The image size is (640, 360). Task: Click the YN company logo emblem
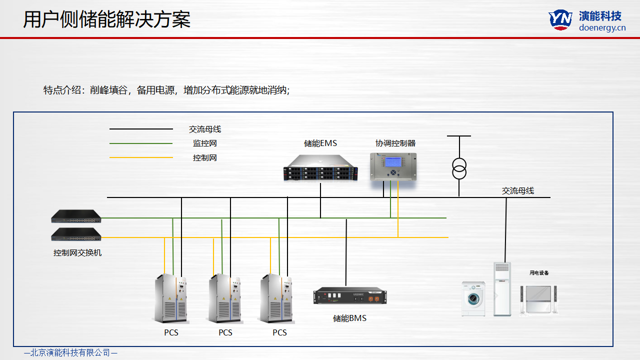560,19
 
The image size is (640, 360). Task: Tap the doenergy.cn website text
602,28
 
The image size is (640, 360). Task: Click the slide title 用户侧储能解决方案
107,19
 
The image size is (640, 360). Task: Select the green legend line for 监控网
141,143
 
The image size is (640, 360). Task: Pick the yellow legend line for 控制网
141,158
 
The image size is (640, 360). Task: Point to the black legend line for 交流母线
141,129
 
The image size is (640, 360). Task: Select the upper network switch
76,216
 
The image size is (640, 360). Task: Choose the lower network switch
76,234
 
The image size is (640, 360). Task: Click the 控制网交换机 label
77,253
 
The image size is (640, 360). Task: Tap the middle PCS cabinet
225,298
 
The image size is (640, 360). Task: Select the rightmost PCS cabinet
277,298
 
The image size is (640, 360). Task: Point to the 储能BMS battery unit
350,296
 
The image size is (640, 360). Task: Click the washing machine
473,298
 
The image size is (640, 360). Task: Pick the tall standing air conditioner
502,289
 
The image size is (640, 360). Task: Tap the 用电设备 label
539,273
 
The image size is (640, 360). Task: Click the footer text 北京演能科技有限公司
70,353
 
